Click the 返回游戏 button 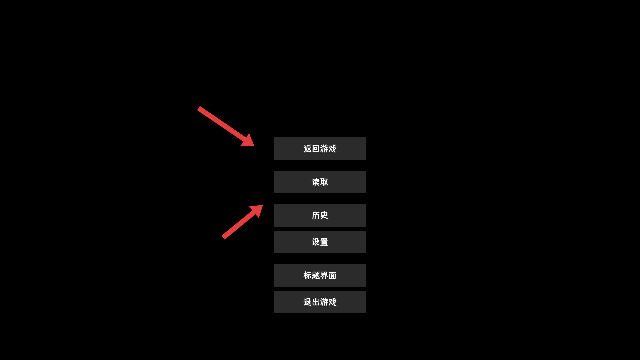click(x=320, y=149)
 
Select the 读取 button click(x=320, y=182)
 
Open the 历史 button click(x=320, y=215)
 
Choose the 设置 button click(x=320, y=242)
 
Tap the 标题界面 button click(x=320, y=275)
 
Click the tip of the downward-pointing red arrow click(x=254, y=146)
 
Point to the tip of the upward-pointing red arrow click(x=263, y=205)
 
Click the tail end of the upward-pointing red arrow click(x=223, y=238)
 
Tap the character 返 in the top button click(x=308, y=149)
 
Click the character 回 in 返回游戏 click(x=316, y=149)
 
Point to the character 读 click(x=316, y=182)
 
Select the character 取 click(x=324, y=182)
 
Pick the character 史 click(x=324, y=215)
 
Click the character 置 click(x=324, y=242)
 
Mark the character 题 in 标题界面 click(x=316, y=275)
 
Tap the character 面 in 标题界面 click(x=332, y=275)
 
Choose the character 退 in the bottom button click(x=308, y=302)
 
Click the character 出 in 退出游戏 click(x=316, y=302)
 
